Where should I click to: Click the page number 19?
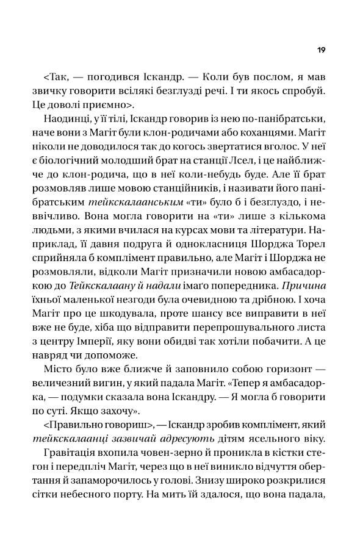point(321,49)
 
